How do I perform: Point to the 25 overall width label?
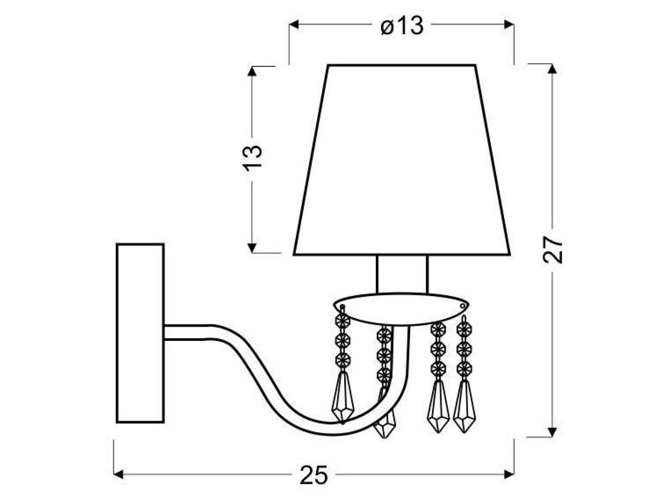click(x=314, y=474)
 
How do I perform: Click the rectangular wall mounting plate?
click(x=140, y=333)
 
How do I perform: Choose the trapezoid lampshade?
click(x=402, y=160)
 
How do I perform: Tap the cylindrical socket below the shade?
click(x=402, y=274)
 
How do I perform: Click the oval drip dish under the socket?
click(x=401, y=308)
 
